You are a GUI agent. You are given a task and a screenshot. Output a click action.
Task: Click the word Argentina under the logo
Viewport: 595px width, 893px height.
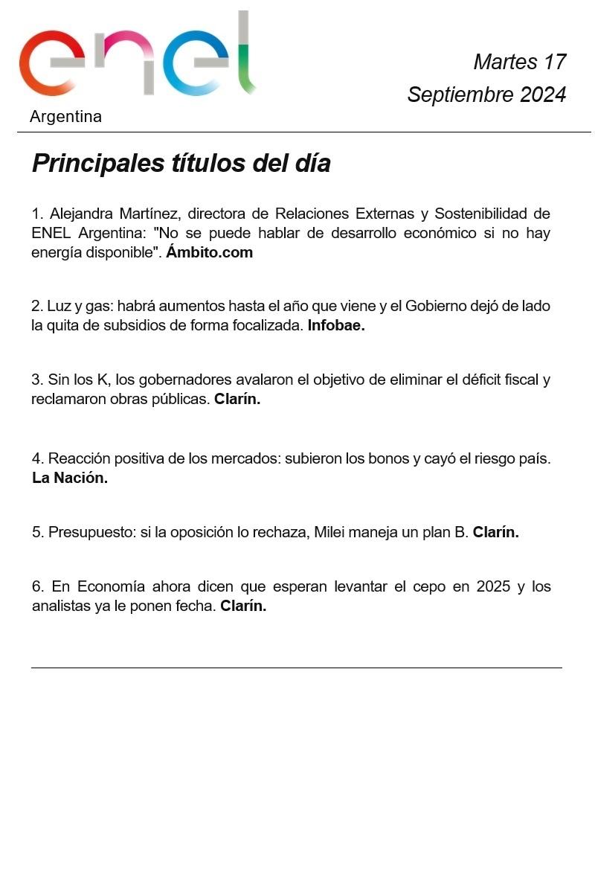click(65, 117)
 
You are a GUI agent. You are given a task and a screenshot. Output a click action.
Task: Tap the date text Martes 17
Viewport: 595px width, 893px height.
click(519, 62)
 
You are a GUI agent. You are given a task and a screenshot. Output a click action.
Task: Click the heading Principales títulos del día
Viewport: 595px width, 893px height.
click(181, 163)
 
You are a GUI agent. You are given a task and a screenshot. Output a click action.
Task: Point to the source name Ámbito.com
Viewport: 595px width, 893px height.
click(209, 252)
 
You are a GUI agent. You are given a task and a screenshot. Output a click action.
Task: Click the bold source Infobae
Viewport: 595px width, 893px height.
click(336, 325)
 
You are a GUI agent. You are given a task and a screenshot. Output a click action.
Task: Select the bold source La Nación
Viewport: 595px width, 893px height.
click(70, 478)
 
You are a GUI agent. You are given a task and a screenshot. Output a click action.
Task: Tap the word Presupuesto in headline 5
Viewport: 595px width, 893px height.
click(90, 532)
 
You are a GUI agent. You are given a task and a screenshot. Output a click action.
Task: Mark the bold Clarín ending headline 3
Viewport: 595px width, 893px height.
click(237, 399)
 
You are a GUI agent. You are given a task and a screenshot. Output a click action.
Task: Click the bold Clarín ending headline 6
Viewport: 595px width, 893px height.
click(243, 606)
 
